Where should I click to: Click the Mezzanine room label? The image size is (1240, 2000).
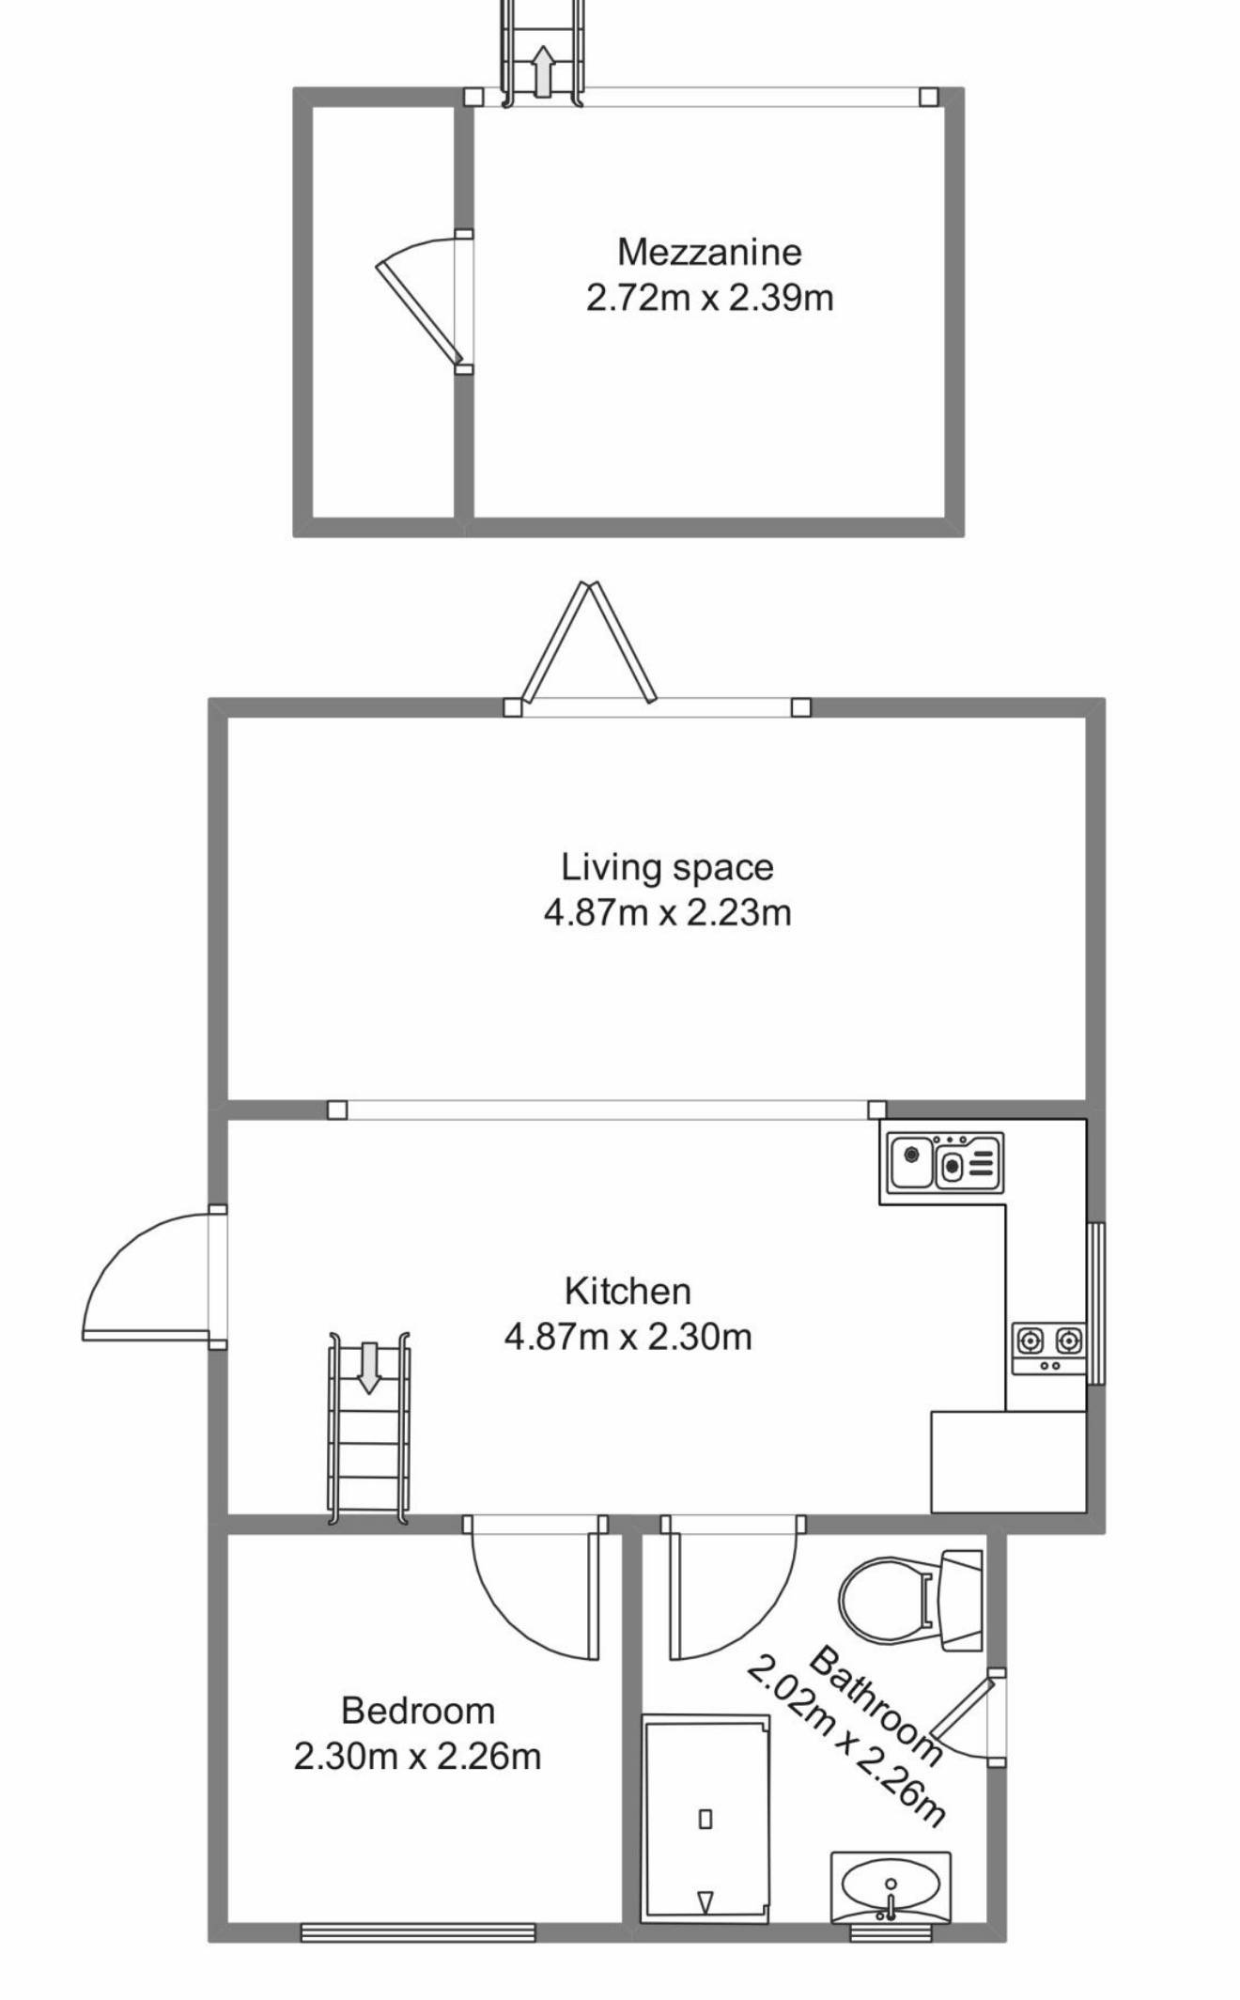tap(709, 252)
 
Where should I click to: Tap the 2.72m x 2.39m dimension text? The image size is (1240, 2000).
tap(709, 298)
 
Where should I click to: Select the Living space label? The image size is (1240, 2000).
tap(667, 867)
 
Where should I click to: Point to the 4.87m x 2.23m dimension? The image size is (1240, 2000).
tap(667, 912)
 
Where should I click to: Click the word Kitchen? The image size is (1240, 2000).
tap(628, 1291)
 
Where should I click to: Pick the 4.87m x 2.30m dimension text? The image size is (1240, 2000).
tap(628, 1336)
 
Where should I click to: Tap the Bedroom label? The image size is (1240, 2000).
tap(418, 1711)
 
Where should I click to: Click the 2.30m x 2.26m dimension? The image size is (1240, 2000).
tap(418, 1756)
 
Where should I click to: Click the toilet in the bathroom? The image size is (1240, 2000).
tap(909, 1600)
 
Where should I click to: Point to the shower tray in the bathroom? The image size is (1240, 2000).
tap(705, 1819)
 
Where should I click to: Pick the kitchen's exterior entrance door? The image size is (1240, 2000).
tap(150, 1279)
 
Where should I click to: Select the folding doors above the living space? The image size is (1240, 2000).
tap(589, 643)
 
